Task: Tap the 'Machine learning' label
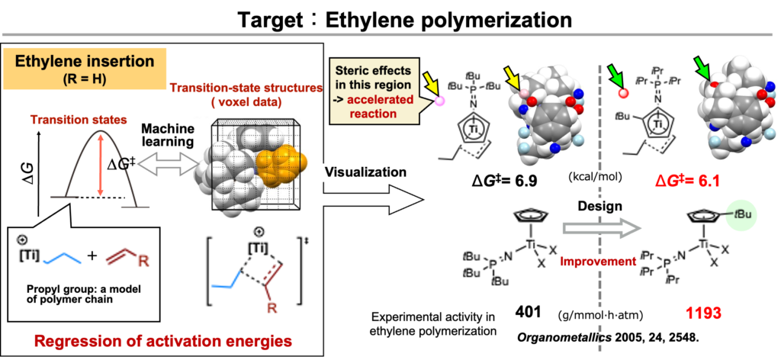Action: pos(167,136)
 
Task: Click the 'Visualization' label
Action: pos(365,172)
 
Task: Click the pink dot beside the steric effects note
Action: pos(439,101)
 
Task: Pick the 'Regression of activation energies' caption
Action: pos(162,340)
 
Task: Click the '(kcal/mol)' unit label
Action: pos(596,178)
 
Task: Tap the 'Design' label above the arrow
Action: pos(599,207)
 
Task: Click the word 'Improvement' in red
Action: pos(598,262)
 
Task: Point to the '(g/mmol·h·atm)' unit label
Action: pos(599,314)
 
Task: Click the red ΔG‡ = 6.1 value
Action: pos(689,181)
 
